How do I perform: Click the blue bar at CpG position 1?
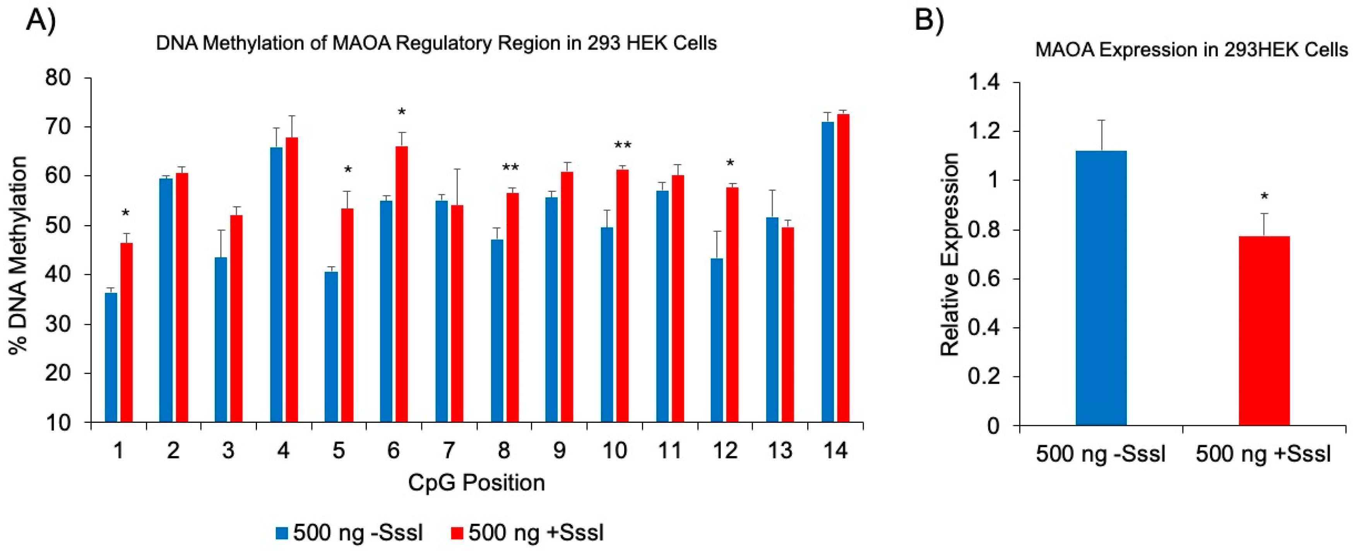111,357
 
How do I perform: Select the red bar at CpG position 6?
402,284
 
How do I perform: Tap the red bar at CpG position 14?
843,268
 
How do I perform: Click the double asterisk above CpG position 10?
623,145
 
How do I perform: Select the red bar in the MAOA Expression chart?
1264,331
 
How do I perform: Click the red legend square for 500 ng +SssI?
457,533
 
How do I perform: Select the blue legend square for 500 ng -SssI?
282,533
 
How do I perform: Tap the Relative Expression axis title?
950,255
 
